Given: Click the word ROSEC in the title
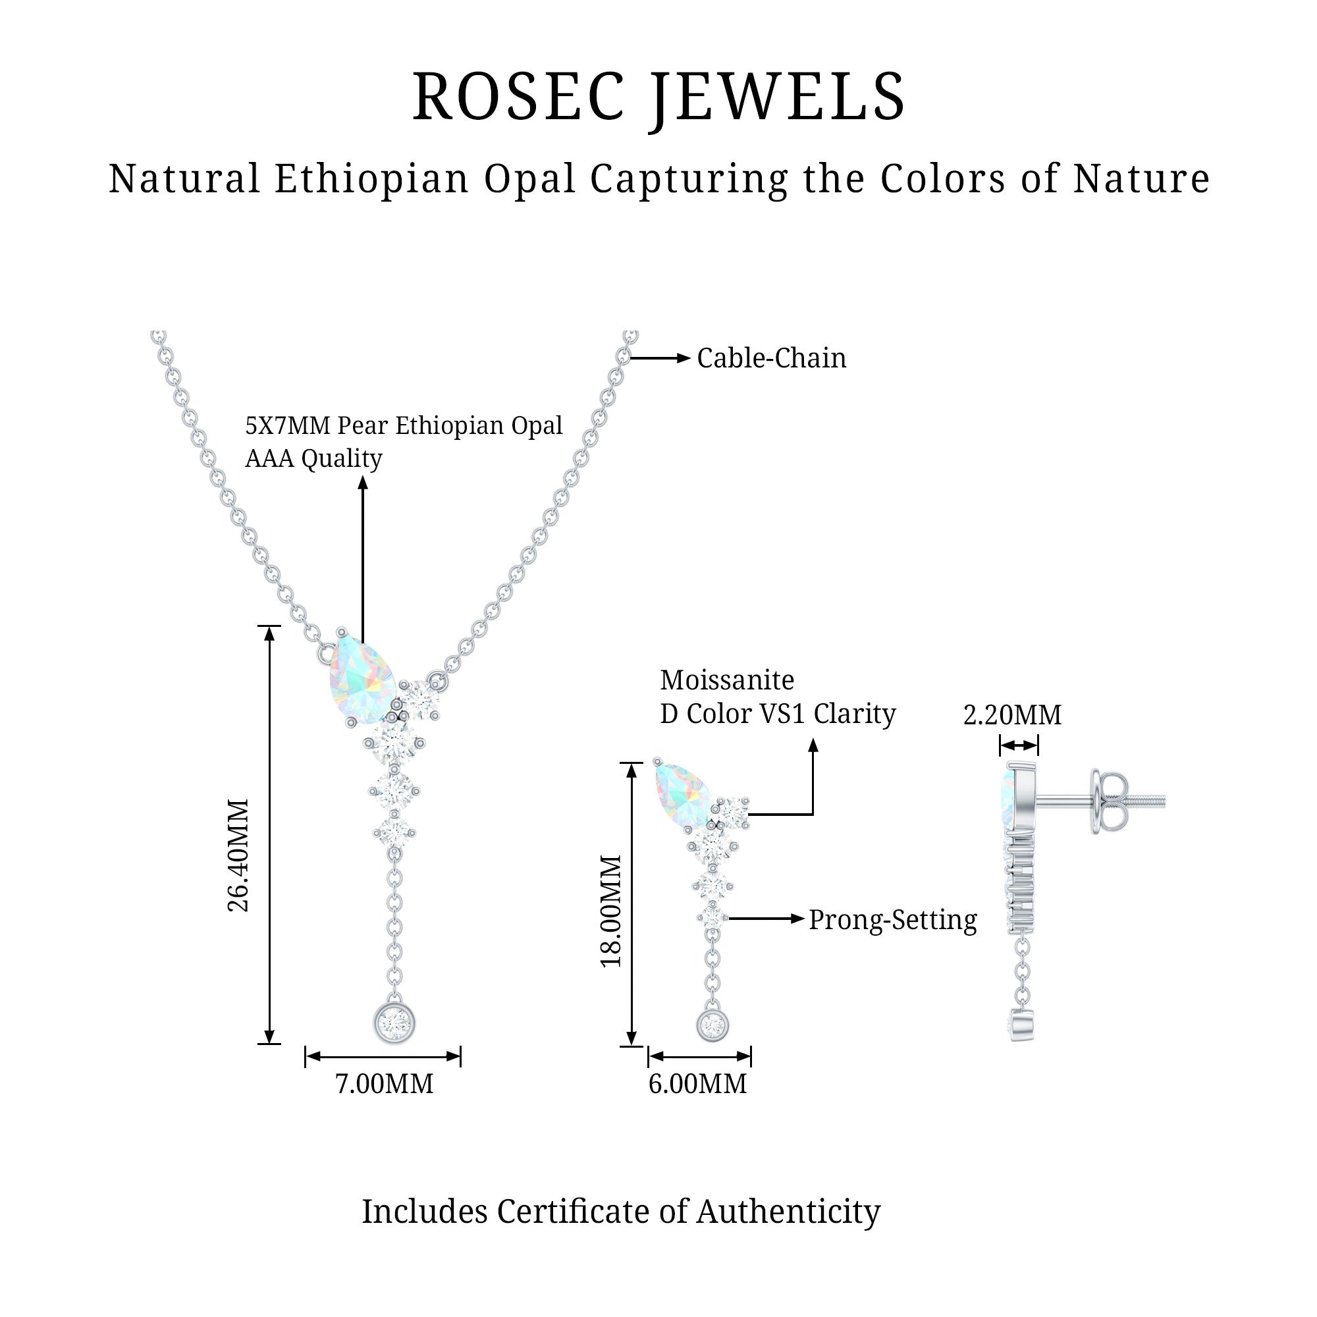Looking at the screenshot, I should point(518,97).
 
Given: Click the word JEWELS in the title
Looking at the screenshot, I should point(777,97).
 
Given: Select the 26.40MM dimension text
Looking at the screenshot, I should point(238,855).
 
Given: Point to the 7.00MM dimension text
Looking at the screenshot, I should point(384,1083).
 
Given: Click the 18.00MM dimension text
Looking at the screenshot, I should point(612,911).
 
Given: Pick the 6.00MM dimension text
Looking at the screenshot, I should point(697,1083).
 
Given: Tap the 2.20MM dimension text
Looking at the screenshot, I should point(1012,715).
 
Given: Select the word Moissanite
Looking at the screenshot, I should point(727,680).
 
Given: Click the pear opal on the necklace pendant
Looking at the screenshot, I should point(362,679).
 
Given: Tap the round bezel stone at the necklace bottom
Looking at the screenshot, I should point(394,1023).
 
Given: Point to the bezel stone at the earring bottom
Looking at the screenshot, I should point(712,1025).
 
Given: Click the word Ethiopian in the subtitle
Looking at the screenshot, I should point(371,178).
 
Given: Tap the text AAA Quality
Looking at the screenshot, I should point(313,459).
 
